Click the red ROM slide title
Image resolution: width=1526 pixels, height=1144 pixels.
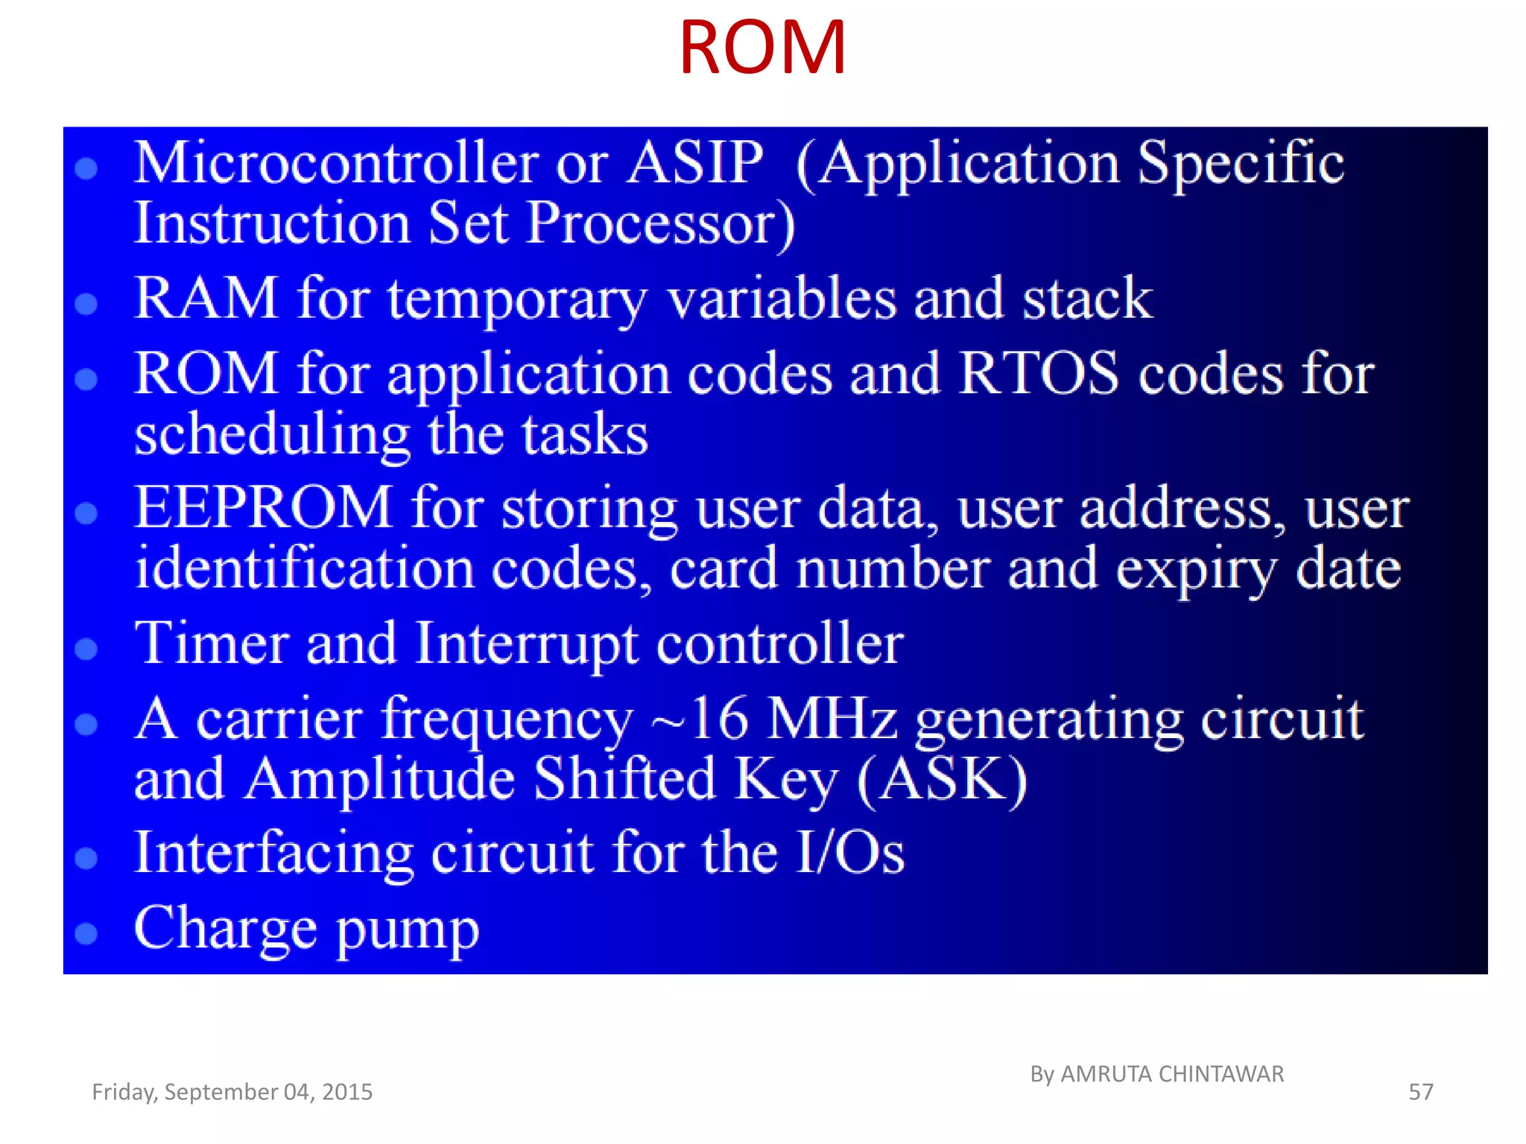pyautogui.click(x=762, y=48)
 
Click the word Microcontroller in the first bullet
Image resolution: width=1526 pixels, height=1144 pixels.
pyautogui.click(x=336, y=163)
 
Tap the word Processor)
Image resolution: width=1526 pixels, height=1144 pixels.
pyautogui.click(x=660, y=223)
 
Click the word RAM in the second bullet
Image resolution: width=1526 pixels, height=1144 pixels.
pyautogui.click(x=206, y=299)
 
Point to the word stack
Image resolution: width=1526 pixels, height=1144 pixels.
pyautogui.click(x=1087, y=299)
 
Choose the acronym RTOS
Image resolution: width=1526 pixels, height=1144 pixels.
pyautogui.click(x=1039, y=373)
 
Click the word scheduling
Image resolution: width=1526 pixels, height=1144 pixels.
pyautogui.click(x=272, y=435)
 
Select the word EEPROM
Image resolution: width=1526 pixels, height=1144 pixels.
pyautogui.click(x=263, y=508)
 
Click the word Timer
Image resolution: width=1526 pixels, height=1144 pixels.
pyautogui.click(x=212, y=643)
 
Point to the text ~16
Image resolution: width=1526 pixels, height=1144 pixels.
pyautogui.click(x=699, y=719)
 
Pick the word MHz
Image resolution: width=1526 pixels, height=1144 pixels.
pyautogui.click(x=832, y=719)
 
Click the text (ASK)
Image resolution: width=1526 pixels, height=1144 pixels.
pyautogui.click(x=942, y=780)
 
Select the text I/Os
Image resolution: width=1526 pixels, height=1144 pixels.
pyautogui.click(x=849, y=853)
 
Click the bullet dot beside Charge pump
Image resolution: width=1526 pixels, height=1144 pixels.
pyautogui.click(x=86, y=933)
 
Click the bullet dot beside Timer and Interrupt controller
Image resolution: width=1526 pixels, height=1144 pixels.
pyautogui.click(x=86, y=649)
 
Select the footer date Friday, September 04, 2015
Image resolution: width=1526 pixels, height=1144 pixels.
pyautogui.click(x=232, y=1092)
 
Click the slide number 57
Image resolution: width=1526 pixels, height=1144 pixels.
pyautogui.click(x=1420, y=1092)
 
